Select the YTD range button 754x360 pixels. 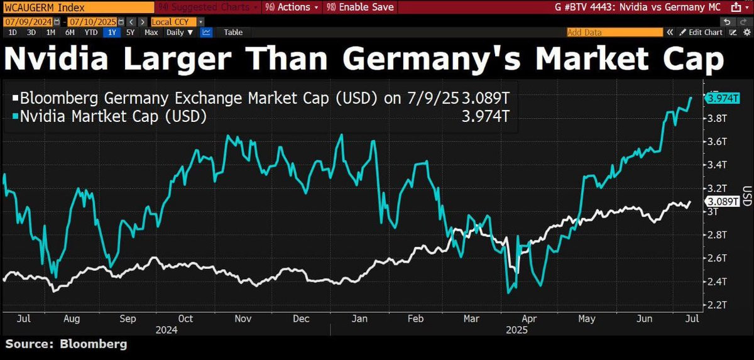coord(90,32)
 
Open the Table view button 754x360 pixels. coord(233,32)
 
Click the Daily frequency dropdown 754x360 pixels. coord(179,32)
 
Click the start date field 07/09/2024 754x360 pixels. coord(24,21)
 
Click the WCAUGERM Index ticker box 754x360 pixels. coord(75,7)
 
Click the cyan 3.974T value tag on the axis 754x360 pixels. coord(723,98)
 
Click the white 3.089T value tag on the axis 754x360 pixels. coord(723,202)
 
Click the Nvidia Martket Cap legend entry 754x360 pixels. coord(113,116)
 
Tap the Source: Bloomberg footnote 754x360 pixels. coord(67,344)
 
